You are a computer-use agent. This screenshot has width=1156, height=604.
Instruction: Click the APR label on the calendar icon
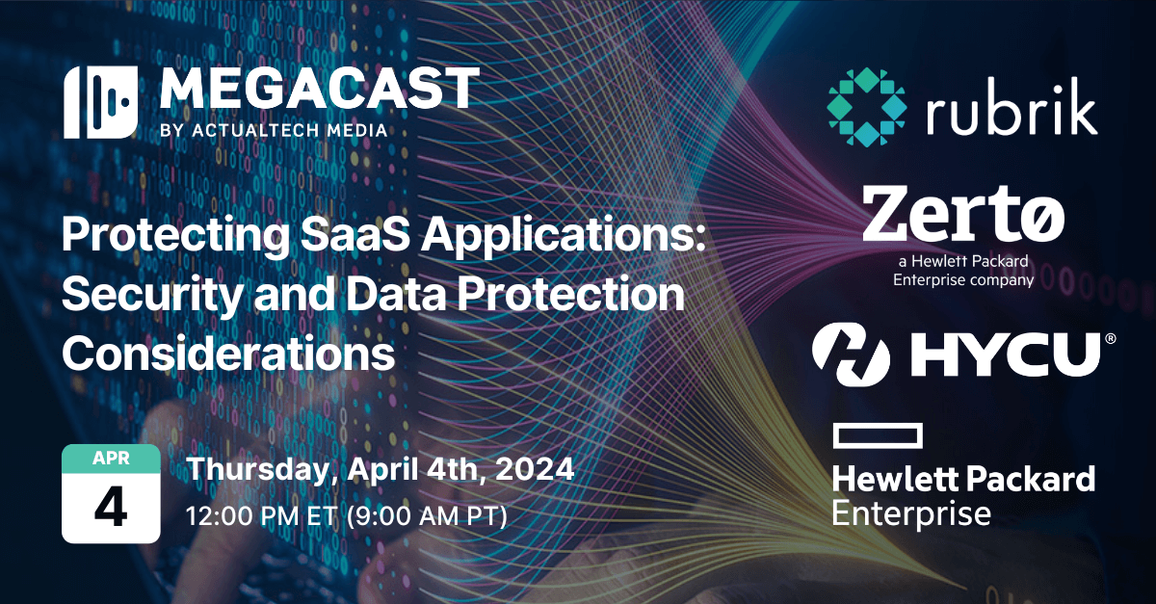110,459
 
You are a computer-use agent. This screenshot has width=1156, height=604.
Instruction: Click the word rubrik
1012,111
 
